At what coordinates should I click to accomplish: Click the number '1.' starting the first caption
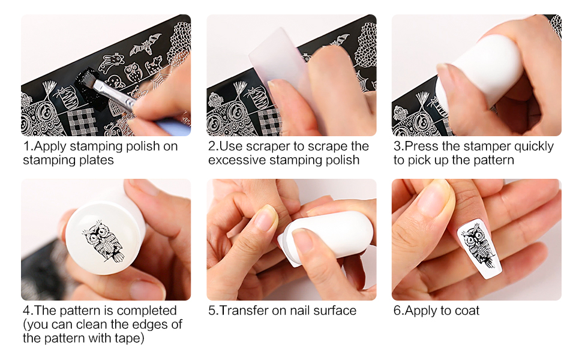(28, 146)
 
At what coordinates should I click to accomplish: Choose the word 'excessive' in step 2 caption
(238, 160)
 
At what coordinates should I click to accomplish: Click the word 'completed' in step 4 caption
(147, 311)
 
